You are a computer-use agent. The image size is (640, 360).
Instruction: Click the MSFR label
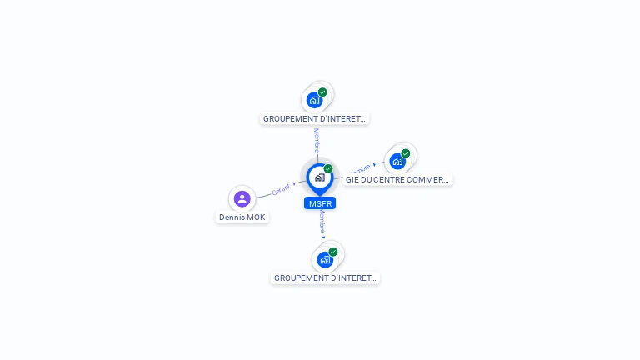pyautogui.click(x=320, y=203)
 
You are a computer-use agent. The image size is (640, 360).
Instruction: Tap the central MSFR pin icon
pyautogui.click(x=319, y=177)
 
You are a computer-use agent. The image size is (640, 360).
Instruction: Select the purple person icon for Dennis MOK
pyautogui.click(x=242, y=198)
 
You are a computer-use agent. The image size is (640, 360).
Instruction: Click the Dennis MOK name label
pyautogui.click(x=242, y=217)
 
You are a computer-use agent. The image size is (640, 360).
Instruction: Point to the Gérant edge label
pyautogui.click(x=281, y=189)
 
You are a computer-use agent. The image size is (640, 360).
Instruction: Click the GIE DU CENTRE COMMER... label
pyautogui.click(x=397, y=179)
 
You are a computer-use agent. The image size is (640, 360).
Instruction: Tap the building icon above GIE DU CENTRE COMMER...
pyautogui.click(x=397, y=162)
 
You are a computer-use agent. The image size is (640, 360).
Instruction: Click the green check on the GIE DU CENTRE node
pyautogui.click(x=406, y=153)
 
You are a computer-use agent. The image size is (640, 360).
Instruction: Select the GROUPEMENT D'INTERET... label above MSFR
pyautogui.click(x=314, y=119)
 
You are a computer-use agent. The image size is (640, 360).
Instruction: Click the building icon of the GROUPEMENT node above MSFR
pyautogui.click(x=314, y=101)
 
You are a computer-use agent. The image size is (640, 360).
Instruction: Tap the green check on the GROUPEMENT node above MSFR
pyautogui.click(x=322, y=92)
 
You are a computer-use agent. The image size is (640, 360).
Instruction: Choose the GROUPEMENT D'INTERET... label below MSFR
pyautogui.click(x=325, y=277)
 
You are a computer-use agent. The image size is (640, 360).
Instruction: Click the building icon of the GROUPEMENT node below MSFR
pyautogui.click(x=325, y=259)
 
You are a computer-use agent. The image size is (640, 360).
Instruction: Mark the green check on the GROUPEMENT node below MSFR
pyautogui.click(x=333, y=252)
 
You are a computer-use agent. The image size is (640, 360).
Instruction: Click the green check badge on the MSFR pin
pyautogui.click(x=328, y=169)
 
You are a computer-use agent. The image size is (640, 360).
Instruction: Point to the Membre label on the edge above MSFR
pyautogui.click(x=317, y=140)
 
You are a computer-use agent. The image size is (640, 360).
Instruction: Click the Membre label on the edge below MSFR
pyautogui.click(x=322, y=221)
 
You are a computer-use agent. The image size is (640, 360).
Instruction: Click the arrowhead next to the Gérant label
pyautogui.click(x=294, y=183)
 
